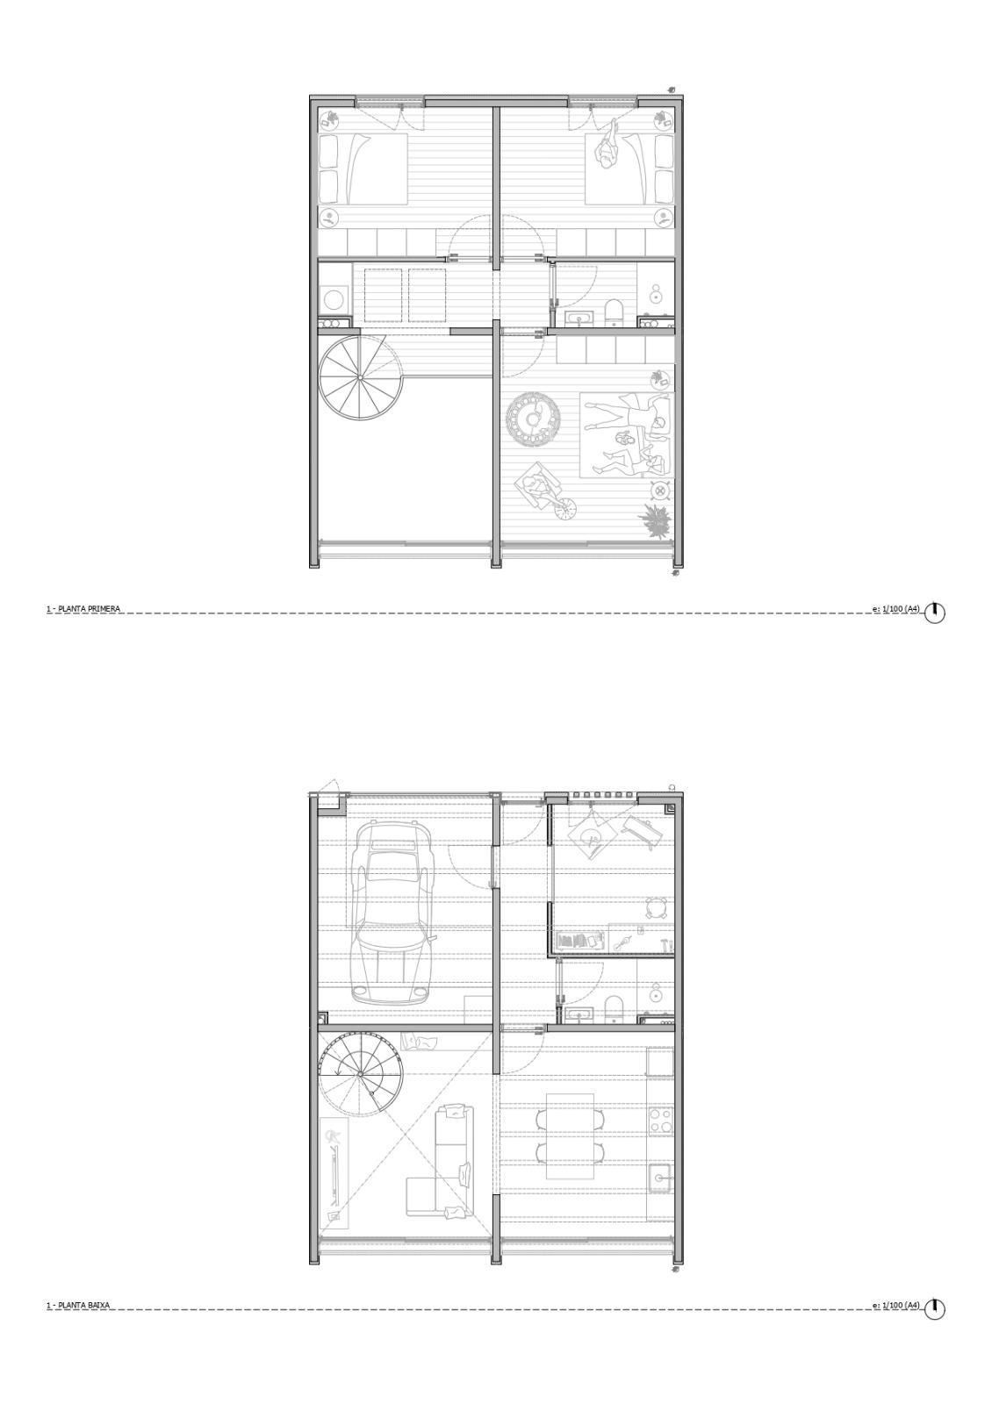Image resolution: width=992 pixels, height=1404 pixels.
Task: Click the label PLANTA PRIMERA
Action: click(88, 609)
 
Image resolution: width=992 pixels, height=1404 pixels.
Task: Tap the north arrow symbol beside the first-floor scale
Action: click(935, 612)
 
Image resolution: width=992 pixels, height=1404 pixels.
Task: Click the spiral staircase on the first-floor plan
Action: click(361, 378)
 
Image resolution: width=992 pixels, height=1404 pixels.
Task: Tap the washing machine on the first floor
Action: click(336, 298)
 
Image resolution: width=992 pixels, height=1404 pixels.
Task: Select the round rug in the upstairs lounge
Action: click(535, 419)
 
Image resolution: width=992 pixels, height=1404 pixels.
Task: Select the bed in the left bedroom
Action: click(363, 168)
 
